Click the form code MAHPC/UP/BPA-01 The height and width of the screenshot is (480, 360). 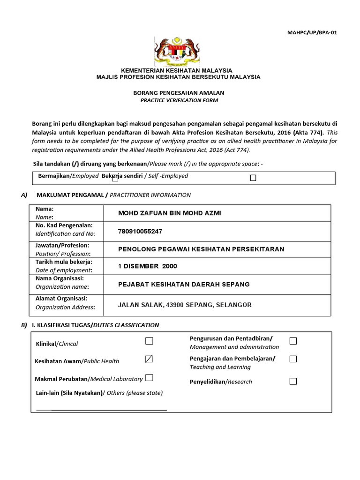tap(312, 32)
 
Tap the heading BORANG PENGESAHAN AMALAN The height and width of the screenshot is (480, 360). tap(180, 93)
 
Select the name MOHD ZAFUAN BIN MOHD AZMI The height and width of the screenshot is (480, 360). tap(169, 214)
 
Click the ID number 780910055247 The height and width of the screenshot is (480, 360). tap(141, 231)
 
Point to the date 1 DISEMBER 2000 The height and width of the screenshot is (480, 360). tap(148, 266)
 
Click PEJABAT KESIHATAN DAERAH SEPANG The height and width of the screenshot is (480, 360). tap(184, 285)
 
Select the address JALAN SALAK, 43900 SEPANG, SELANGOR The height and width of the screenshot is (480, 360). tap(185, 305)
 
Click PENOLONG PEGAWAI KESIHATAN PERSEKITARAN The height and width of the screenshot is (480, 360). tap(201, 249)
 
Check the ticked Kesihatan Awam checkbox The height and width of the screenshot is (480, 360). tap(149, 359)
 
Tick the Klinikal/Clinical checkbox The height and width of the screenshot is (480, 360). tap(149, 341)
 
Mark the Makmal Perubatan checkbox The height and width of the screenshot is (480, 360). tap(149, 378)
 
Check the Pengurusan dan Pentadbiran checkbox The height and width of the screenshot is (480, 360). tap(293, 341)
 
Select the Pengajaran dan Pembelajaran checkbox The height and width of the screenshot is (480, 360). tap(293, 359)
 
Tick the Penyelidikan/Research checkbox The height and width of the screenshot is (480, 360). tap(293, 382)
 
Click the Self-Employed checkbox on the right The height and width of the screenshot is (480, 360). tap(253, 178)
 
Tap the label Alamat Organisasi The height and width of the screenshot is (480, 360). tap(61, 298)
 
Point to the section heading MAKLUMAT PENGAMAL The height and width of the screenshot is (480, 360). tap(69, 195)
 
